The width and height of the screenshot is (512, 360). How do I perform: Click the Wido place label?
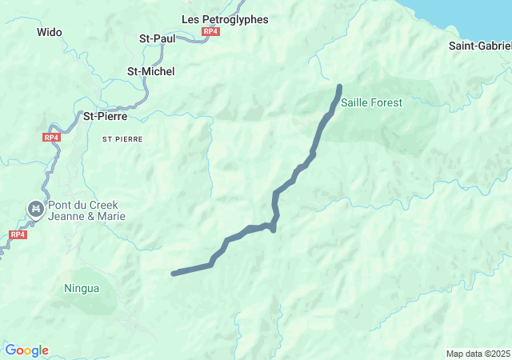click(x=50, y=33)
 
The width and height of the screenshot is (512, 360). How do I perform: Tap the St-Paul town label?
click(x=157, y=37)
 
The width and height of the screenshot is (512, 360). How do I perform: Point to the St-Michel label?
click(x=151, y=71)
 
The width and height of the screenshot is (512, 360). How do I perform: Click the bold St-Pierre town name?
click(x=106, y=116)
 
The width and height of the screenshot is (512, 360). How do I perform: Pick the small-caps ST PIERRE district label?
click(x=122, y=139)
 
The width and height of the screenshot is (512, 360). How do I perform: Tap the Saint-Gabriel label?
click(x=480, y=46)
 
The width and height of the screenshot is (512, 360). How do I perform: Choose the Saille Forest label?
click(x=371, y=102)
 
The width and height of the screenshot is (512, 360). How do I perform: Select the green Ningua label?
click(x=82, y=288)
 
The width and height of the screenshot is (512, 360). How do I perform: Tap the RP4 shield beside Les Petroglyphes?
click(x=210, y=31)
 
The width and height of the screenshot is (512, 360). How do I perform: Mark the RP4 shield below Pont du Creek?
click(x=18, y=234)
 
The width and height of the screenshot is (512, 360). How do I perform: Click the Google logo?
click(x=26, y=350)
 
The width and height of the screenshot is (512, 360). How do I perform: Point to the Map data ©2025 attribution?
click(x=478, y=354)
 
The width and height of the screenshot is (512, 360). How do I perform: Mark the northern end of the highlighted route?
click(x=340, y=86)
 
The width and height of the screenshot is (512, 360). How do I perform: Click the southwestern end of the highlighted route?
click(x=174, y=274)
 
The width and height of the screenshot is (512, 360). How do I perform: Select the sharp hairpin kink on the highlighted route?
click(x=274, y=230)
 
